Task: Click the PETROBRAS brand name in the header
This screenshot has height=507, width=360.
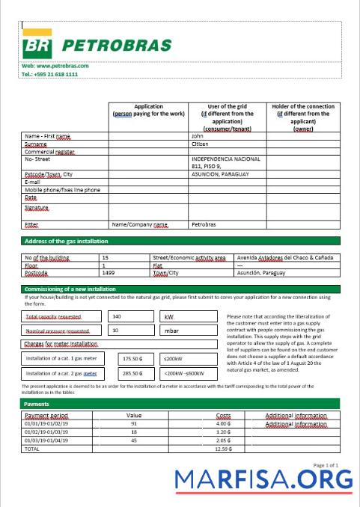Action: click(x=116, y=46)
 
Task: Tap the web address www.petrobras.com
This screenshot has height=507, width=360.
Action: click(x=55, y=66)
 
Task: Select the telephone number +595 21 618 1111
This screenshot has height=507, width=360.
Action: click(x=49, y=75)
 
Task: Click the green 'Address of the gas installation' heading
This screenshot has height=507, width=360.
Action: click(x=66, y=242)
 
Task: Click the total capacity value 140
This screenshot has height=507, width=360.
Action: click(x=116, y=317)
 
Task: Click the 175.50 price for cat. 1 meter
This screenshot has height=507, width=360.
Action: click(x=132, y=358)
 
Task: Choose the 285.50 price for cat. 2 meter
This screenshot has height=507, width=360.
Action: click(x=132, y=372)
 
